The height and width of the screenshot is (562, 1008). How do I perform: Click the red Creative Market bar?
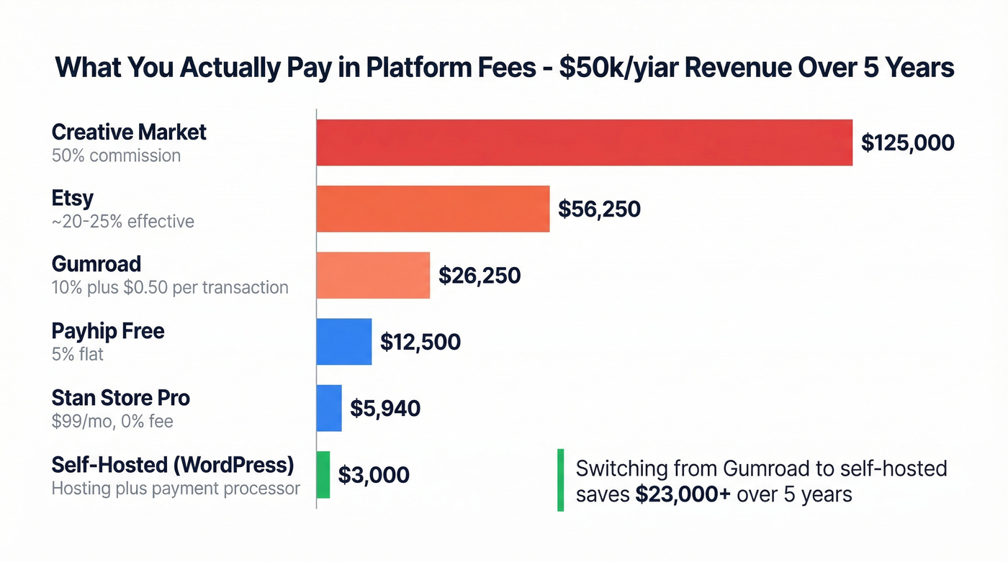(584, 142)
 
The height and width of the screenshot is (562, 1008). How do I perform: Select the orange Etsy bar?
(433, 209)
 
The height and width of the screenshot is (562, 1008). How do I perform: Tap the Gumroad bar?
(373, 275)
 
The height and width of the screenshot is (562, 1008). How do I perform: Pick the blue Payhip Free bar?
(344, 341)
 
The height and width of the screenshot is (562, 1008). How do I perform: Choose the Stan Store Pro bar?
(329, 408)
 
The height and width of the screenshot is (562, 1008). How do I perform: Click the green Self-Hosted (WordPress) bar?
(323, 474)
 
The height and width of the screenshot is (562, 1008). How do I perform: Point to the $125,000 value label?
(907, 142)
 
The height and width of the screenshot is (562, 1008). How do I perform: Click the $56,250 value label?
(599, 209)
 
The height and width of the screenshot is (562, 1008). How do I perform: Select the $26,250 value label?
(480, 275)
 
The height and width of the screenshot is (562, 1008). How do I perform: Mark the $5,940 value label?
(385, 408)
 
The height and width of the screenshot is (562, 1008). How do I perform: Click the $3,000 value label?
(374, 475)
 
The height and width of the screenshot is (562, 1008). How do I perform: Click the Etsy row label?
(73, 198)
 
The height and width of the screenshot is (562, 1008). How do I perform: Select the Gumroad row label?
(96, 264)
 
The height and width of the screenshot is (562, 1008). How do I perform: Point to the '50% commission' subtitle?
(116, 155)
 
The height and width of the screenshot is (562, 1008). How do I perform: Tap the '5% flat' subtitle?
(78, 355)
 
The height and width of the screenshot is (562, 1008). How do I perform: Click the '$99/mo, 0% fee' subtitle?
(112, 421)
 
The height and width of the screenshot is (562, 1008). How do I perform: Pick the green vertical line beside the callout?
(560, 480)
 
